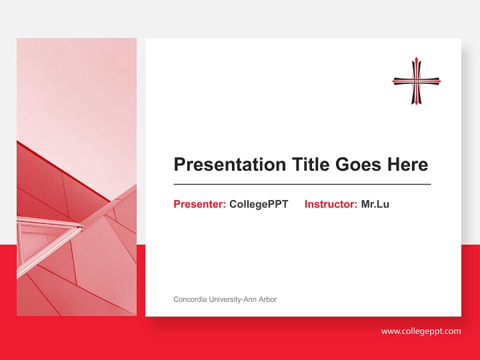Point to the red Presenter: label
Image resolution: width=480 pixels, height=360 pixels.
(199, 204)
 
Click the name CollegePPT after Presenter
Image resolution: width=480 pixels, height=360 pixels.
(258, 204)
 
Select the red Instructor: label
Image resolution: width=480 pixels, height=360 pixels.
(330, 204)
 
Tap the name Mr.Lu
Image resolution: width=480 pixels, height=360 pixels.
(375, 204)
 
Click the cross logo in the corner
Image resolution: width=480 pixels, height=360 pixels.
(416, 80)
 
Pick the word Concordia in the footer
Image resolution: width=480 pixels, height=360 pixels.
(189, 299)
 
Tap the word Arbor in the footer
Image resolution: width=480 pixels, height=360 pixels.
(267, 299)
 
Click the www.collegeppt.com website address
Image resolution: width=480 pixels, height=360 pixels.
(421, 331)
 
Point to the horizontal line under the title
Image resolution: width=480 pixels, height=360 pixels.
(302, 184)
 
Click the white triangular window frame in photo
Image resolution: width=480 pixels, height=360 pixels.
(47, 235)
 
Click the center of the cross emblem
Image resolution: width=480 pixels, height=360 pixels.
(416, 80)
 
